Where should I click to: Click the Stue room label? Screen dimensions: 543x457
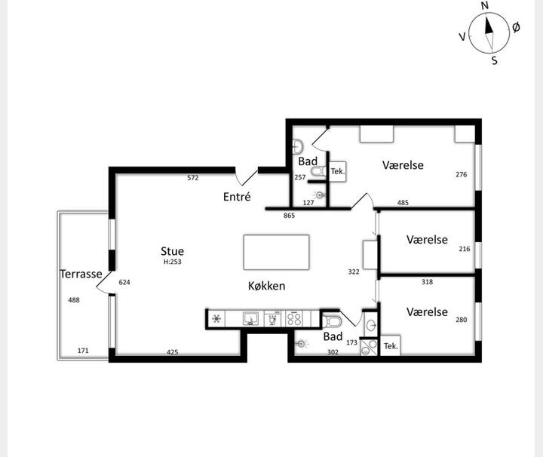click(172, 251)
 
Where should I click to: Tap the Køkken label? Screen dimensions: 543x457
click(267, 286)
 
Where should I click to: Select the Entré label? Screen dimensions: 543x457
click(237, 197)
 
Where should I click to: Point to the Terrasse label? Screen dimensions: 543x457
click(81, 274)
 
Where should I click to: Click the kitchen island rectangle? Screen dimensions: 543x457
click(276, 253)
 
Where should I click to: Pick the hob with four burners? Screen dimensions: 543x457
click(294, 319)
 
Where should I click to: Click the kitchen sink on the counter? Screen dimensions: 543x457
click(250, 319)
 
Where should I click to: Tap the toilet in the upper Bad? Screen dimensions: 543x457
click(318, 171)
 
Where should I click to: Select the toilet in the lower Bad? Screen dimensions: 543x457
click(332, 322)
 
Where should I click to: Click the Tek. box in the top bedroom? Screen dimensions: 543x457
click(338, 171)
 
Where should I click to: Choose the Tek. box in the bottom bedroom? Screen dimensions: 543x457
click(391, 346)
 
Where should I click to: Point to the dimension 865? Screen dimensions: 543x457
click(289, 216)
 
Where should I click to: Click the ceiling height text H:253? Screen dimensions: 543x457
click(173, 262)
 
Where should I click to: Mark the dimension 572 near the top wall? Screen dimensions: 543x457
click(193, 178)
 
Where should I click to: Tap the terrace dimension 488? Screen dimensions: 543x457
click(74, 300)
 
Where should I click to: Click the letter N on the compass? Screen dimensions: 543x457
click(485, 5)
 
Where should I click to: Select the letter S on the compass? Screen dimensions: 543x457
click(495, 60)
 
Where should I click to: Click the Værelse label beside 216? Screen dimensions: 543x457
click(427, 240)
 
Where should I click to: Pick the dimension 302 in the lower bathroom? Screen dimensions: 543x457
click(333, 352)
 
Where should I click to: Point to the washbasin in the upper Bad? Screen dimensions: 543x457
click(297, 147)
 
